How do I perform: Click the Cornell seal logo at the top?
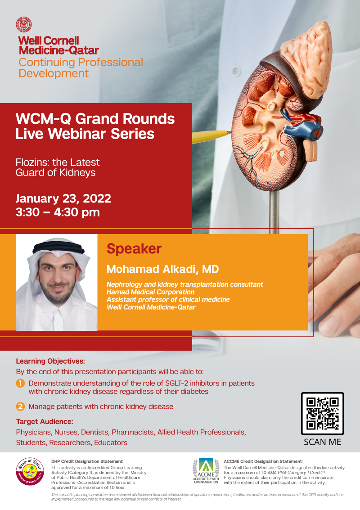point(24,24)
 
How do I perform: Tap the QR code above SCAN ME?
point(322,413)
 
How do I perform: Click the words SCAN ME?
point(322,442)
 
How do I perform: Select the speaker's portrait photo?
point(57,282)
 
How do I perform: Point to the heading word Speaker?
point(134,249)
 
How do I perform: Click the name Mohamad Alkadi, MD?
point(162,269)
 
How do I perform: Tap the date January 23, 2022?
point(63,199)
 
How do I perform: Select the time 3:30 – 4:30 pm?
point(58,212)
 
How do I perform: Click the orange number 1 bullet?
point(20,384)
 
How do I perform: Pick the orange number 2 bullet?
point(20,406)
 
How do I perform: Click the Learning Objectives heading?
point(50,361)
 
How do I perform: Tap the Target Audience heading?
point(45,421)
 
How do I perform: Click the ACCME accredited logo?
point(206,471)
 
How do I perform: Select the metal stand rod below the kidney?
point(274,212)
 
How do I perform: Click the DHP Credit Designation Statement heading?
point(87,461)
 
